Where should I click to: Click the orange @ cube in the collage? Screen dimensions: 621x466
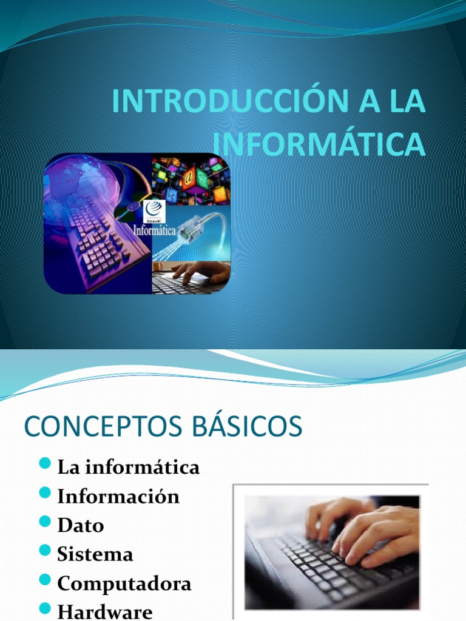tap(189, 178)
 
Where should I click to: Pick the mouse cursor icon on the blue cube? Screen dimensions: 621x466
tap(173, 195)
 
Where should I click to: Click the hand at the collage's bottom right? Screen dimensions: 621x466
tap(203, 273)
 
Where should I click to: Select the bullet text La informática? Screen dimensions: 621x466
tap(128, 468)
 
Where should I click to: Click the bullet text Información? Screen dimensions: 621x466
tap(118, 497)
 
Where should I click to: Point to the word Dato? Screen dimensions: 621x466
tap(81, 525)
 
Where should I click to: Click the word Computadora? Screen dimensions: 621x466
tap(124, 583)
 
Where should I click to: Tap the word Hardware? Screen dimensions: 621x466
tap(105, 611)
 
